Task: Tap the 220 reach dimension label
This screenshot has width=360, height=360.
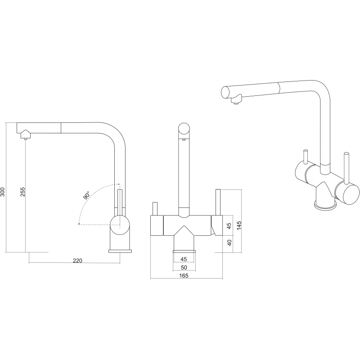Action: click(x=77, y=261)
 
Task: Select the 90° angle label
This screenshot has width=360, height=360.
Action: click(x=87, y=195)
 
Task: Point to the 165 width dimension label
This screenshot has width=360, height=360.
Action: click(x=184, y=276)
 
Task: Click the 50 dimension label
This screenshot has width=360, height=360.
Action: click(x=184, y=267)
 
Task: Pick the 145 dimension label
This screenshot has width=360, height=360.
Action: click(x=239, y=226)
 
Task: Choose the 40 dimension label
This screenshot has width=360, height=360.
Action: click(x=229, y=243)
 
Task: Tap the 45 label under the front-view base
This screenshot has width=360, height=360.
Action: click(x=184, y=259)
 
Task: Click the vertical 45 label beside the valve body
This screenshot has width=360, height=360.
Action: click(x=229, y=226)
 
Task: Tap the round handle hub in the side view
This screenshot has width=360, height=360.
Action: click(x=120, y=225)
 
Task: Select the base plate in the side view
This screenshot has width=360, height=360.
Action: click(x=120, y=251)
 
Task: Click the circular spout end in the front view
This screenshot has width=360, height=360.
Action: click(x=184, y=129)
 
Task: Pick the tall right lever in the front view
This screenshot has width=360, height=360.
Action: click(x=218, y=202)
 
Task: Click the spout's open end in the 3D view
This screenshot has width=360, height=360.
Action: click(x=225, y=92)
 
